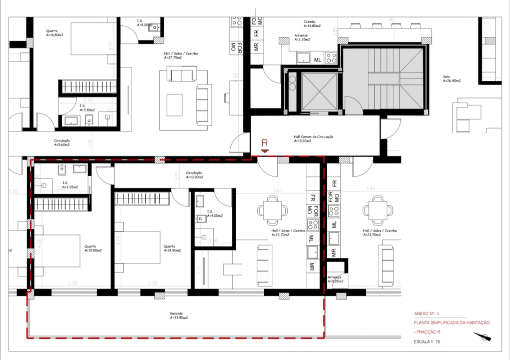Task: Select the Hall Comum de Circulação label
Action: tap(313, 138)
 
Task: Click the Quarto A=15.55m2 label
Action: tap(93, 248)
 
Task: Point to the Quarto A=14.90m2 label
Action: tap(172, 248)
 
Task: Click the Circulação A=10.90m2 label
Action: tap(195, 175)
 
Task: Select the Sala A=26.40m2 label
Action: tap(451, 78)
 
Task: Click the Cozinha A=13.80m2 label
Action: tap(312, 23)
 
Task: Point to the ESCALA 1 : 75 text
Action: tap(426, 342)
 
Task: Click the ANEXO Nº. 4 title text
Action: tap(426, 313)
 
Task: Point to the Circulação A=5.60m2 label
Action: tap(62, 142)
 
